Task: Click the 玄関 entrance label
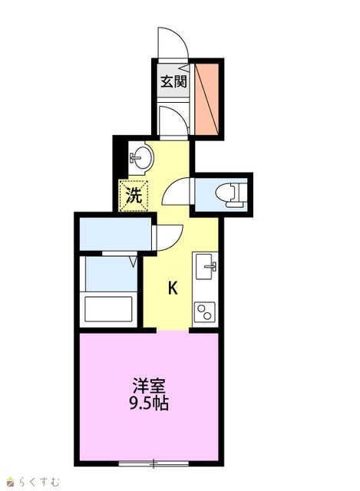173,82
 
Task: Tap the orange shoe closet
206,99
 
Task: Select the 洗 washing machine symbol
133,196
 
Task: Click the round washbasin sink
142,157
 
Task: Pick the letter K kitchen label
173,288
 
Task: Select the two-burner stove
205,312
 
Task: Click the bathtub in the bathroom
108,308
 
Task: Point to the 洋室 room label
149,386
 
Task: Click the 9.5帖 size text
149,404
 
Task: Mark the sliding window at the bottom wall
154,463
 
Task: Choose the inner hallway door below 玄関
173,121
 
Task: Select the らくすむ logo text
39,481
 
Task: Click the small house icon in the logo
12,482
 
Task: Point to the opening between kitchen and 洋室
173,331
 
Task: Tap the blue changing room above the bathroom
115,233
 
